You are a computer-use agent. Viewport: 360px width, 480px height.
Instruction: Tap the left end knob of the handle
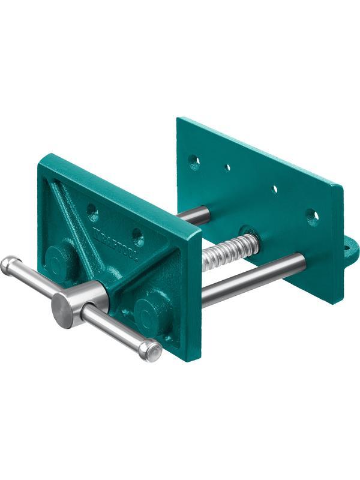click(10, 265)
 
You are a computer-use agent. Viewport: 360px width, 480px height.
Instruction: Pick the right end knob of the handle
click(151, 352)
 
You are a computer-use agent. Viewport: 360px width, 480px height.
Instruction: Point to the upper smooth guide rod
click(197, 215)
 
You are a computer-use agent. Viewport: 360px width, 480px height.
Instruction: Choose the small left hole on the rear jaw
click(227, 167)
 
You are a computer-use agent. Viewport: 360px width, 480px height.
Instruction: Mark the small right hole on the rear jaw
click(275, 189)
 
